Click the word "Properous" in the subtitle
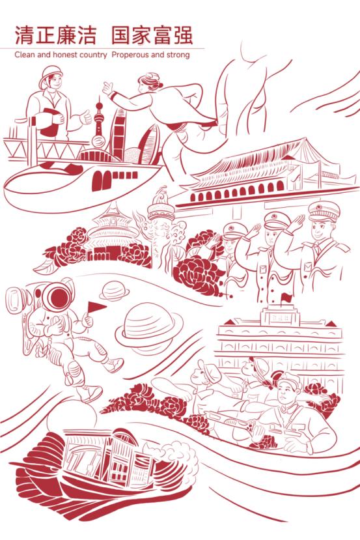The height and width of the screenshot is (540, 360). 130,55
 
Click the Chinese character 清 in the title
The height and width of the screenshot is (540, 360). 24,35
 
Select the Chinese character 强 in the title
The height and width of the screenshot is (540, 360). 182,35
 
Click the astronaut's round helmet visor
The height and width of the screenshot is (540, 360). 58,297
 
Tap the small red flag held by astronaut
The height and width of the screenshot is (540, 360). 96,307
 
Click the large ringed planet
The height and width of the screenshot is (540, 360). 148,326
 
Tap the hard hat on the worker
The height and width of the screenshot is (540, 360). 51,75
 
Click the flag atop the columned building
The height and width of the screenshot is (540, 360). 285,297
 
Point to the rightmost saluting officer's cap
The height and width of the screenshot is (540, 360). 323,211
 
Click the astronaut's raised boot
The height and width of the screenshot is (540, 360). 113,364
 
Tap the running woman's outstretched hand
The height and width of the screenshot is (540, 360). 107,89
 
